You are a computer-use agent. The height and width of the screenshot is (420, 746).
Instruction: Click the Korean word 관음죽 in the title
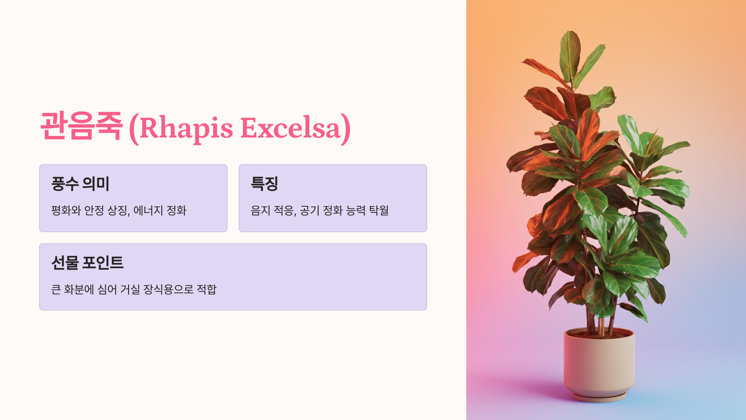[81, 126]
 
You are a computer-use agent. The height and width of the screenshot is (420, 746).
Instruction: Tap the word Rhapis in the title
[186, 128]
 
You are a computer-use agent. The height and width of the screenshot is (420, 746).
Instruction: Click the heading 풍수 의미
[81, 184]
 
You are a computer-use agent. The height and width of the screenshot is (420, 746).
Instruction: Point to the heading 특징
[264, 184]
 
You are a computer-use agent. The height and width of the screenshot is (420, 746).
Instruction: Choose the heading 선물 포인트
[87, 263]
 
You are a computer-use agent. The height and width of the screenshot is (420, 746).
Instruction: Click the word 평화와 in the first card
[66, 211]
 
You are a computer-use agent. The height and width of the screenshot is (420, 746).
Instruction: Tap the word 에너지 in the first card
[148, 211]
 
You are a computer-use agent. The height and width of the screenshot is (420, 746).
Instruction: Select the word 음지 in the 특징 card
[260, 211]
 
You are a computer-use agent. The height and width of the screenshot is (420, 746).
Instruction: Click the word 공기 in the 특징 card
[310, 211]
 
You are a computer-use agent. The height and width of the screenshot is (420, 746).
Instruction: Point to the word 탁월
[379, 211]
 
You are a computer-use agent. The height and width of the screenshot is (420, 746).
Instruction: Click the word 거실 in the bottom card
[130, 290]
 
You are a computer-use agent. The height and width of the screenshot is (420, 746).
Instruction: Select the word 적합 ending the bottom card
[207, 290]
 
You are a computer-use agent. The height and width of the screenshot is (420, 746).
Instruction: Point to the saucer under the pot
[599, 397]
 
